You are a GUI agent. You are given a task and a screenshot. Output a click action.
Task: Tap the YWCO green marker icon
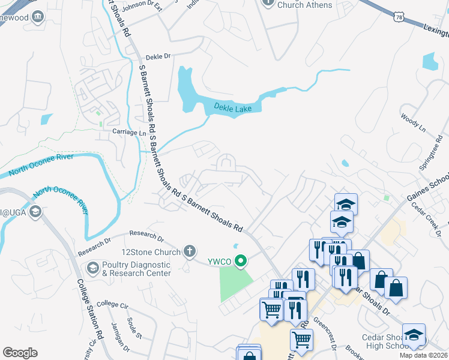(x=241, y=260)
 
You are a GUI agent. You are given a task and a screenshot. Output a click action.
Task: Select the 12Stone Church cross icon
(x=190, y=251)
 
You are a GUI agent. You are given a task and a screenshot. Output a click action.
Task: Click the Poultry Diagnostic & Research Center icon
(x=92, y=267)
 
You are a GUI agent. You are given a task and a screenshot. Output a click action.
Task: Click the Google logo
(x=20, y=353)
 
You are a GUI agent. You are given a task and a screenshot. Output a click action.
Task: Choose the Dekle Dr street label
(x=158, y=56)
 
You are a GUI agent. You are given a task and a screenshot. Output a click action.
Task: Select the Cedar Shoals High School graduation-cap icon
(x=414, y=334)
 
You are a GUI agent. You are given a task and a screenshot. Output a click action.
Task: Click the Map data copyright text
(x=423, y=355)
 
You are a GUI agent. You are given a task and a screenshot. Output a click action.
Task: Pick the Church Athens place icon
(x=268, y=4)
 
